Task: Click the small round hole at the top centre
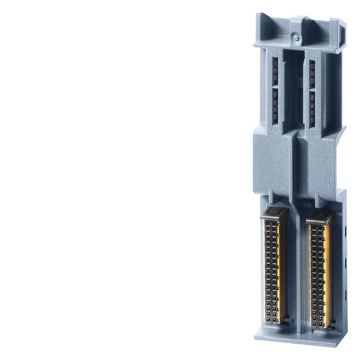294,31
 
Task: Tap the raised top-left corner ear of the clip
265,18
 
